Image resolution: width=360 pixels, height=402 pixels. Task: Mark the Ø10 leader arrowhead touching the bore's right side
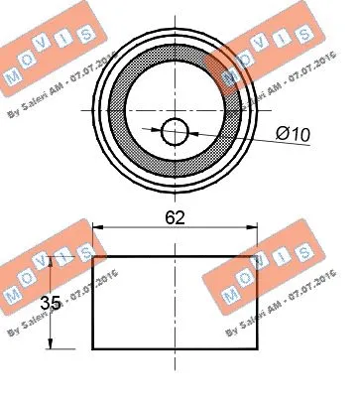(x=192, y=129)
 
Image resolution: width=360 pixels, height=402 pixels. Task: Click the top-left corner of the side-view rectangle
(x=93, y=255)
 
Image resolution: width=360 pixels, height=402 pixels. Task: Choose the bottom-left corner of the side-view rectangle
(x=93, y=348)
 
